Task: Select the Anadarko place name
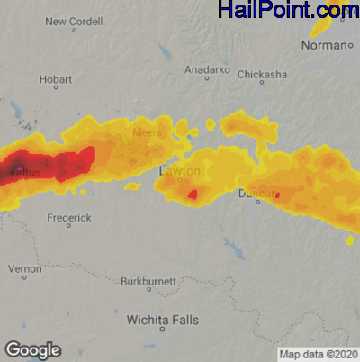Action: tap(206, 69)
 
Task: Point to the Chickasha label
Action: tap(262, 74)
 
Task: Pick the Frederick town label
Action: tap(68, 218)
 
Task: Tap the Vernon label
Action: tap(24, 268)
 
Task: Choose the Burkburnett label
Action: tap(148, 281)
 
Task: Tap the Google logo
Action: tap(32, 349)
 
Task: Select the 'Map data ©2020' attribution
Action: tap(318, 353)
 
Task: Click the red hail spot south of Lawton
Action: tap(193, 194)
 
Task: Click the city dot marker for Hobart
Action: tap(56, 87)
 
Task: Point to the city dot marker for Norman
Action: tap(348, 46)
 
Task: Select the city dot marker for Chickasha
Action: tap(262, 84)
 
